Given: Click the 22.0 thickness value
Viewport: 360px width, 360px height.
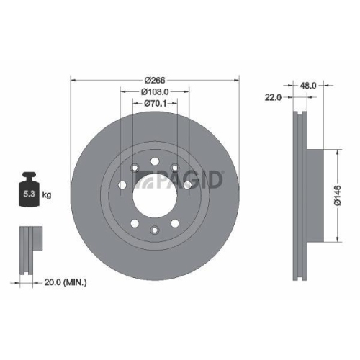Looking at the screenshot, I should tap(272, 97).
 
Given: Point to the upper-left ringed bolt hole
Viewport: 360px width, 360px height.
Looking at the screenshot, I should tap(135, 168).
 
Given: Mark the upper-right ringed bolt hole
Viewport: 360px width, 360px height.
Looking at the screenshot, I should tap(174, 168).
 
